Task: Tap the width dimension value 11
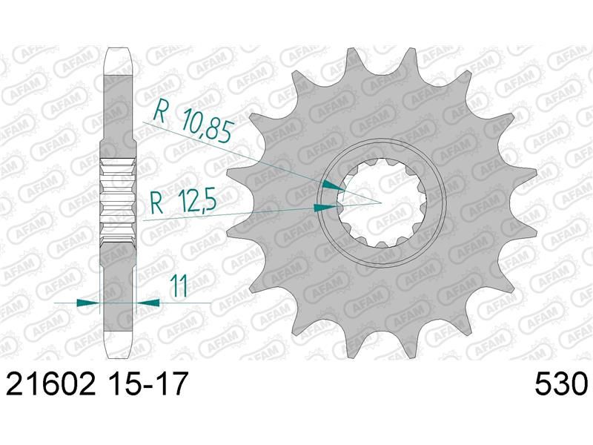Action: (179, 286)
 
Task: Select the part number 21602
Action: (50, 383)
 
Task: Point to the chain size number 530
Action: (561, 383)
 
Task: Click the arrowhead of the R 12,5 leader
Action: (325, 207)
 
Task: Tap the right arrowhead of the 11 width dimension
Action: (148, 302)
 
